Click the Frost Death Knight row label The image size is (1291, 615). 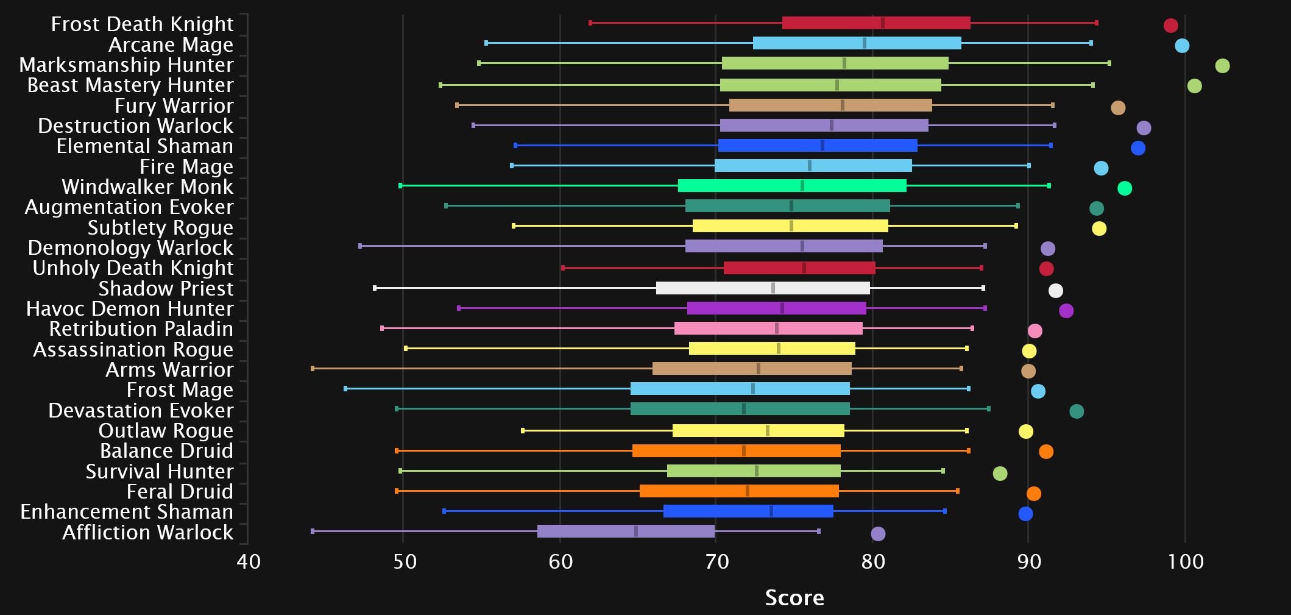142,24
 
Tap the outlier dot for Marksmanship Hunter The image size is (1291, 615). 1222,66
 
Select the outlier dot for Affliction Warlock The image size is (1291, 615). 878,534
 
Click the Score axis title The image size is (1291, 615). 794,598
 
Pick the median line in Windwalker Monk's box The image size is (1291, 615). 802,186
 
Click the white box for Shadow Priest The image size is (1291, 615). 763,288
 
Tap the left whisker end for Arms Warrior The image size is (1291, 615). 313,369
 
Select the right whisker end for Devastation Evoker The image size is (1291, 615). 988,409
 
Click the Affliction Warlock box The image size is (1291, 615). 626,531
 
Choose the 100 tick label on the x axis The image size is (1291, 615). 1186,561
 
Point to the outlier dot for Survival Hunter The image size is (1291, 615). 1000,474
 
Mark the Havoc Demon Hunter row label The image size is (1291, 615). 130,309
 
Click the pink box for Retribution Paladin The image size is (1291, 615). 768,329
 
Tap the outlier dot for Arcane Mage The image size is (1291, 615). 1182,46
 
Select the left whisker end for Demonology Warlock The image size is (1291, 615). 360,246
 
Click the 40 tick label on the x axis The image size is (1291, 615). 249,561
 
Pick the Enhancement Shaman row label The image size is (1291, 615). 127,512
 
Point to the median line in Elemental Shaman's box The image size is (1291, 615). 822,146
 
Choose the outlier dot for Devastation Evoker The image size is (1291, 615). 1077,411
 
